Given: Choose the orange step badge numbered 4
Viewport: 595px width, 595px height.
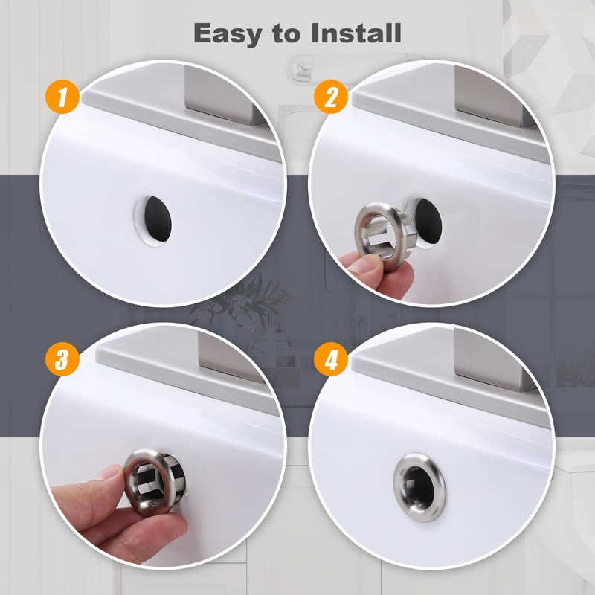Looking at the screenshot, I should [331, 360].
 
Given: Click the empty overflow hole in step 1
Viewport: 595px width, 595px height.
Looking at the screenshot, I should [153, 216].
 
